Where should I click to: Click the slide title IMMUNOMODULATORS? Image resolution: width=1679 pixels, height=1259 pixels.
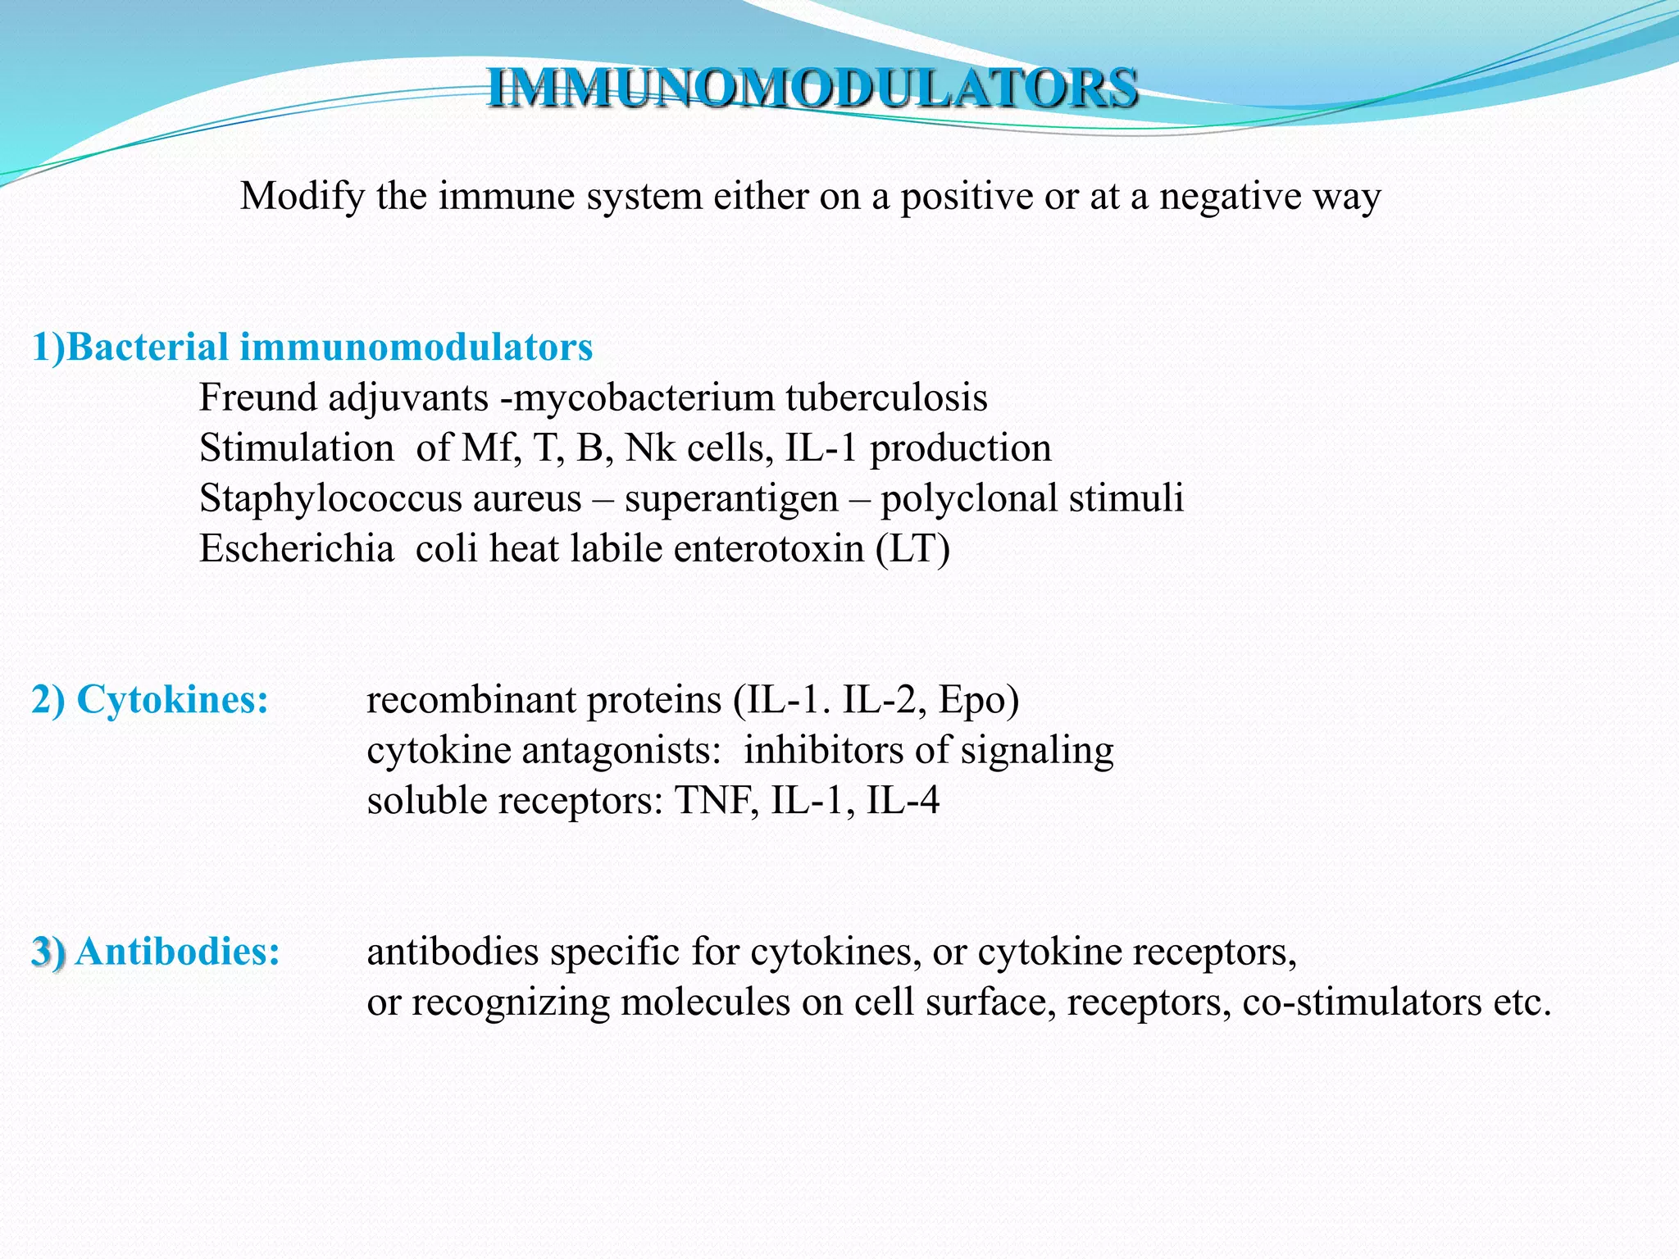pyautogui.click(x=812, y=89)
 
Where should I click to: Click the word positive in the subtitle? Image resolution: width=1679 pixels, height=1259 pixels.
pyautogui.click(x=967, y=197)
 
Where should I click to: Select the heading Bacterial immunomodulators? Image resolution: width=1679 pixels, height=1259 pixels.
pyautogui.click(x=328, y=348)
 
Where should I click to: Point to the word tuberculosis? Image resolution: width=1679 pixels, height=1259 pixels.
pyautogui.click(x=886, y=398)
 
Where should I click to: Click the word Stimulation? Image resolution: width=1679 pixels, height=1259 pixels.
pyautogui.click(x=297, y=448)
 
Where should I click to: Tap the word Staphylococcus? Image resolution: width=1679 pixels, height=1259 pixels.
pyautogui.click(x=390, y=499)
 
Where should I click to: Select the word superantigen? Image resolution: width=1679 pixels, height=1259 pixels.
pyautogui.click(x=731, y=499)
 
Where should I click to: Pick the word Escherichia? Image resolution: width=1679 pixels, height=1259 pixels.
pyautogui.click(x=297, y=549)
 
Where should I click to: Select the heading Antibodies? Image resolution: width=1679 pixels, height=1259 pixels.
pyautogui.click(x=177, y=952)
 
